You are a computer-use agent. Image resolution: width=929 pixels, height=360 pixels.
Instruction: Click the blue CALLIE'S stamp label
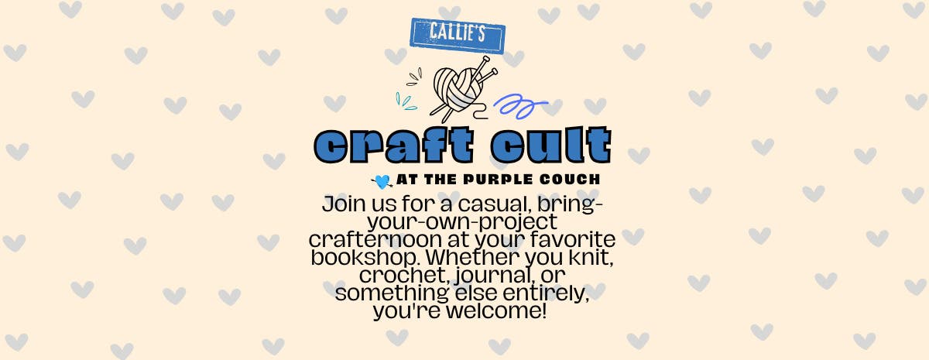[x=458, y=36]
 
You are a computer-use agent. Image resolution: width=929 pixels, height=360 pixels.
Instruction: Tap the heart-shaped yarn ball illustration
[x=458, y=90]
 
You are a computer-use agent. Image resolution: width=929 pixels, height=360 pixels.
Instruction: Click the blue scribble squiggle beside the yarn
[x=520, y=106]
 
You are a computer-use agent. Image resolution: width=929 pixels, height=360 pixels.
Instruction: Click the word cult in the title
[x=551, y=145]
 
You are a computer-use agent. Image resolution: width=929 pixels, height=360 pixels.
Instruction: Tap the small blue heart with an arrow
[x=382, y=182]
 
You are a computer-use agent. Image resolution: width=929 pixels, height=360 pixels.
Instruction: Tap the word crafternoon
[x=375, y=239]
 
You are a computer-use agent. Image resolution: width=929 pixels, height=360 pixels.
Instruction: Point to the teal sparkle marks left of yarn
[x=406, y=101]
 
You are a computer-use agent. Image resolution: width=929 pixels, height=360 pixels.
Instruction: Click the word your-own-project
[x=462, y=222]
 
